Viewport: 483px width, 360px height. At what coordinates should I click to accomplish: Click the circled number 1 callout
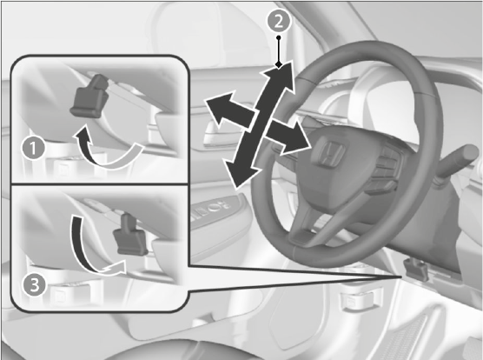click(x=33, y=148)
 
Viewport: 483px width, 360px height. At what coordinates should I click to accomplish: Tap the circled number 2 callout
click(x=279, y=21)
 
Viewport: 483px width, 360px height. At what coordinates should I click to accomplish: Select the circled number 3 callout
click(x=34, y=285)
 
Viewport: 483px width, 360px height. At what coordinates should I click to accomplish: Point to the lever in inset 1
click(x=89, y=96)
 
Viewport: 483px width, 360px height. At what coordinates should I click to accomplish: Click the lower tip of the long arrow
click(x=236, y=187)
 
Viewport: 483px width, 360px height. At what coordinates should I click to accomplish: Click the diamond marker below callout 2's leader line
click(x=279, y=64)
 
